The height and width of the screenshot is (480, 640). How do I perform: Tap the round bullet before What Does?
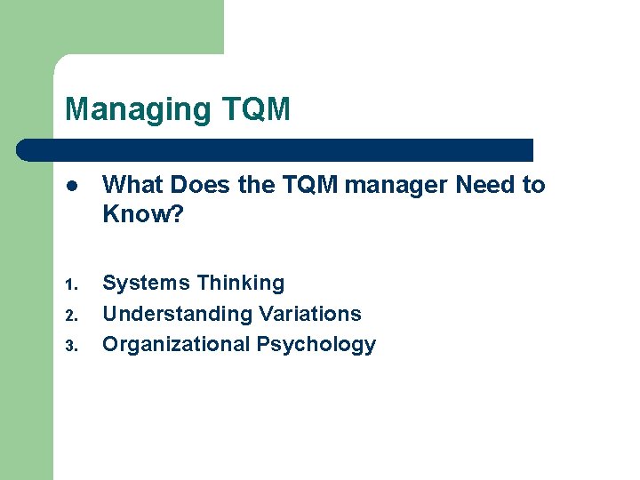point(70,186)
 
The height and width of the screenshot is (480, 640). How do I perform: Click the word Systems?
point(146,284)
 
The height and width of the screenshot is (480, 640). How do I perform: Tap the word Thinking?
point(240,284)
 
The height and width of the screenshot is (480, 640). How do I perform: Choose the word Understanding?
point(177,314)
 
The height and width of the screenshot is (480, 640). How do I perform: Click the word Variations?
point(309,314)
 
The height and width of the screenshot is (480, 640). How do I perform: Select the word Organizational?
point(176,344)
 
